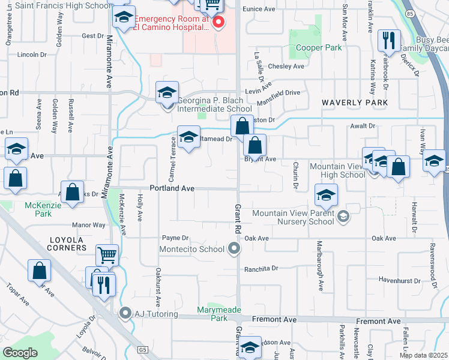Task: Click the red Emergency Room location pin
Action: (218, 23)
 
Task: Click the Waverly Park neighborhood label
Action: (355, 103)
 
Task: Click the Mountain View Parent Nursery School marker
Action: (343, 217)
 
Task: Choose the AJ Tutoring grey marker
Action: (125, 313)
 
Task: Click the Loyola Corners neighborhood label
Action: (68, 243)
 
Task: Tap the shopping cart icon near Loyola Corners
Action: (107, 256)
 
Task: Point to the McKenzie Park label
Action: (39, 209)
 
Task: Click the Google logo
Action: (20, 352)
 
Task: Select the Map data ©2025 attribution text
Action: (423, 355)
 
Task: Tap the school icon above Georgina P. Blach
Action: (167, 93)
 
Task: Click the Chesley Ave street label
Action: (286, 67)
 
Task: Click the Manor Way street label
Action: (88, 225)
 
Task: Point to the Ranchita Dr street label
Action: (262, 268)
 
